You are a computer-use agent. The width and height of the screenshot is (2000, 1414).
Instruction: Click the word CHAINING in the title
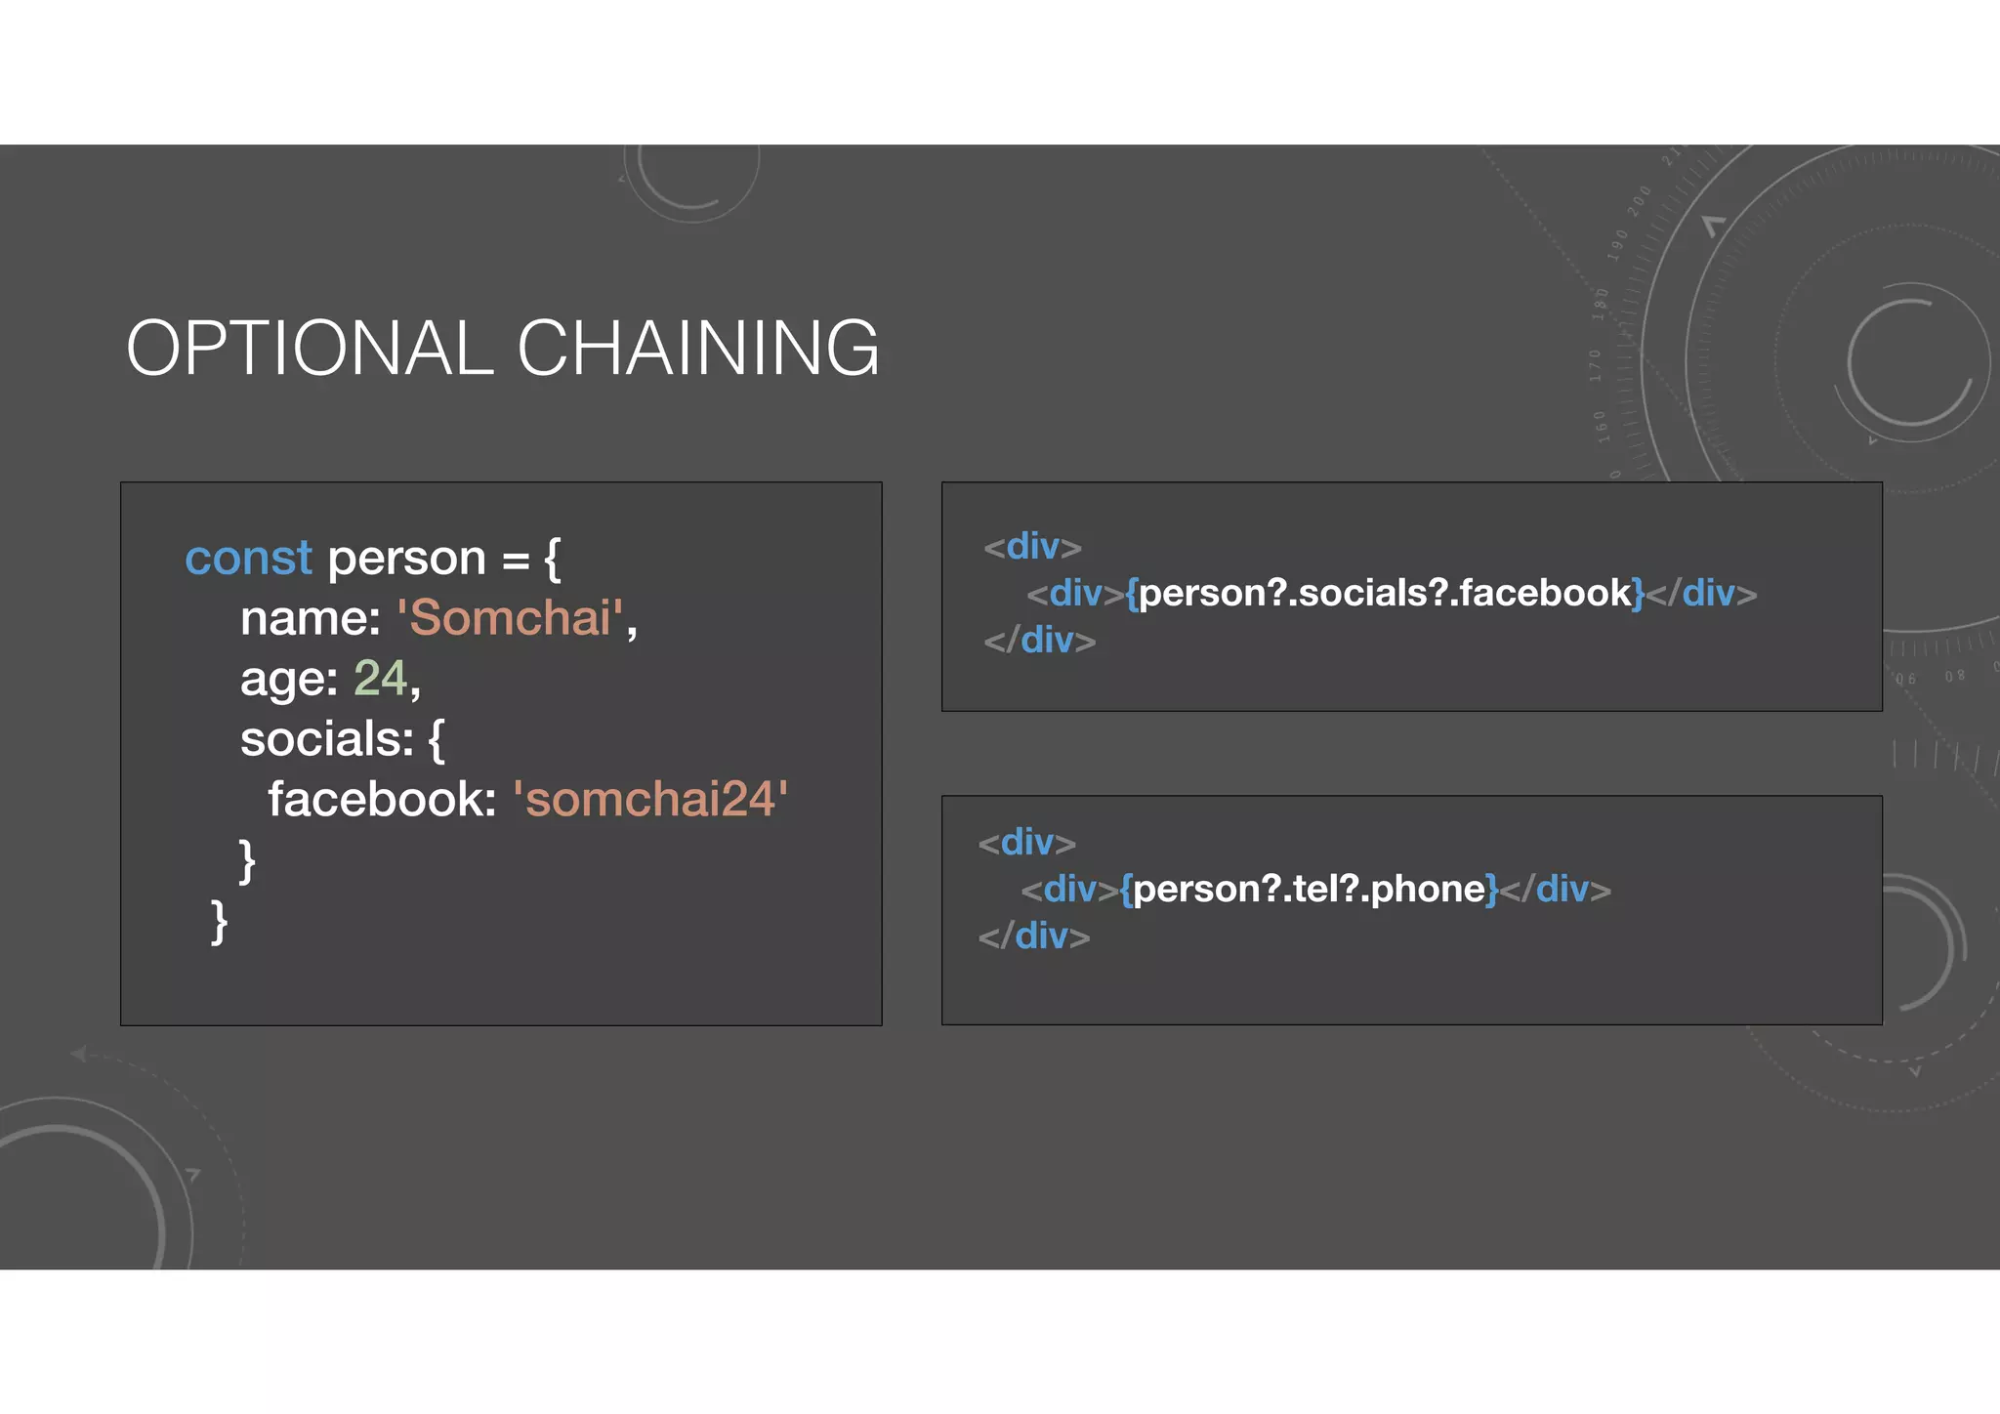pyautogui.click(x=697, y=348)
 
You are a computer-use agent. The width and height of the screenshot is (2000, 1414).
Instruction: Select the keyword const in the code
pyautogui.click(x=248, y=559)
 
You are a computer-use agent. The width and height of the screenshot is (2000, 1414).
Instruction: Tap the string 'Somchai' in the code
pyautogui.click(x=510, y=618)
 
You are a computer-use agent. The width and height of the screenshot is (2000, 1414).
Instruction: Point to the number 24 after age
pyautogui.click(x=380, y=679)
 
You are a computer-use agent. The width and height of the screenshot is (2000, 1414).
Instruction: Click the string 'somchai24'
pyautogui.click(x=649, y=800)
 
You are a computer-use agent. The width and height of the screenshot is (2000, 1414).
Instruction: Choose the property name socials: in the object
pyautogui.click(x=326, y=739)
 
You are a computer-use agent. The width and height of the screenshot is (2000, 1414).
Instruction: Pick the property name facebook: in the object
pyautogui.click(x=382, y=800)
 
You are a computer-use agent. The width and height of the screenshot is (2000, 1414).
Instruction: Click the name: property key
pyautogui.click(x=310, y=618)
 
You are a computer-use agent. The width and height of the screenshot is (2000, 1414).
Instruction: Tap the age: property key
pyautogui.click(x=288, y=679)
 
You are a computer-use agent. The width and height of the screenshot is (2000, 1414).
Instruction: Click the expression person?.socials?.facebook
pyautogui.click(x=1385, y=593)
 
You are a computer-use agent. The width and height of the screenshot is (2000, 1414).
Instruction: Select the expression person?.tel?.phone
pyautogui.click(x=1309, y=889)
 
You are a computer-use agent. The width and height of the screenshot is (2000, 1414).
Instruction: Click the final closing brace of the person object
pyautogui.click(x=220, y=922)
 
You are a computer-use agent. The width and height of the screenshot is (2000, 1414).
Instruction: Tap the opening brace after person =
pyautogui.click(x=553, y=559)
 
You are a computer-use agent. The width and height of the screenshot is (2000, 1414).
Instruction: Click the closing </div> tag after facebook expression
pyautogui.click(x=1701, y=593)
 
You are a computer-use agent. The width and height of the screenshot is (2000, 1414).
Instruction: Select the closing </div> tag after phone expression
pyautogui.click(x=1555, y=889)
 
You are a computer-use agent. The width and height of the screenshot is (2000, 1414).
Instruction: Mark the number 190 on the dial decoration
pyautogui.click(x=1617, y=245)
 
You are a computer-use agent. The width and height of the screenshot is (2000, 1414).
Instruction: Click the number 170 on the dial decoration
pyautogui.click(x=1596, y=365)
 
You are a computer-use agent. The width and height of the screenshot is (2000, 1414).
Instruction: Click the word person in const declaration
pyautogui.click(x=406, y=559)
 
